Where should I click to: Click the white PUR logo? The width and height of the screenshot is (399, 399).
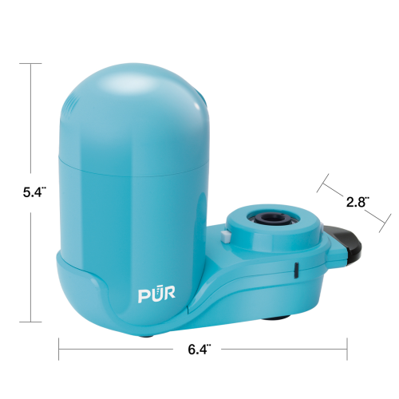(156, 294)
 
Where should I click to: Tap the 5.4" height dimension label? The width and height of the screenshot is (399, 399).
(34, 192)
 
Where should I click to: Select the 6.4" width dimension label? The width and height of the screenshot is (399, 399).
(199, 350)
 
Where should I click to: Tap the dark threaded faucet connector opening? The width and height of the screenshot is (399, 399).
(274, 218)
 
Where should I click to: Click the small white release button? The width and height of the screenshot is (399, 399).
(226, 236)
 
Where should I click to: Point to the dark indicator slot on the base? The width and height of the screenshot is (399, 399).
(296, 271)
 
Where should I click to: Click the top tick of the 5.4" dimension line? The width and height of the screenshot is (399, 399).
(30, 64)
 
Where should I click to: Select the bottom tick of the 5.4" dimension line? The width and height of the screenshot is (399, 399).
(30, 322)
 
